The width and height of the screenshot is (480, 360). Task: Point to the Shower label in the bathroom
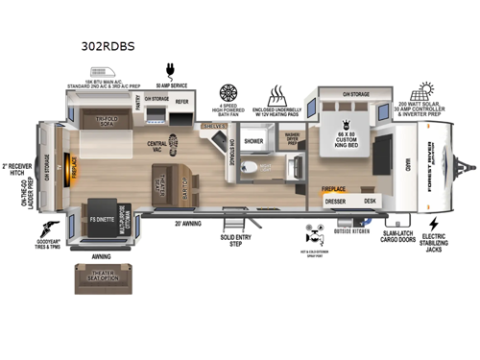[253, 140]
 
